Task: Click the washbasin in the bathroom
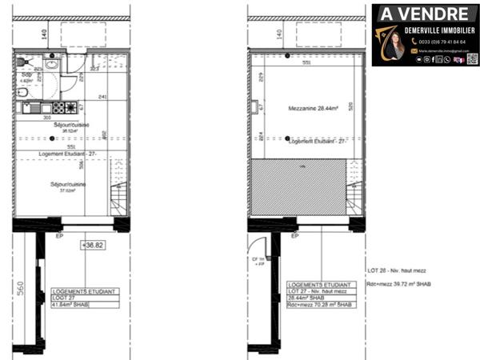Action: click(x=52, y=65)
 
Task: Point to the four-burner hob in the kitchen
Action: click(x=42, y=108)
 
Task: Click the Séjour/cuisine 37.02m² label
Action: click(x=68, y=186)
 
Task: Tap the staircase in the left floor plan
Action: click(x=119, y=194)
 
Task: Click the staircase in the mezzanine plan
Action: click(x=353, y=194)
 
